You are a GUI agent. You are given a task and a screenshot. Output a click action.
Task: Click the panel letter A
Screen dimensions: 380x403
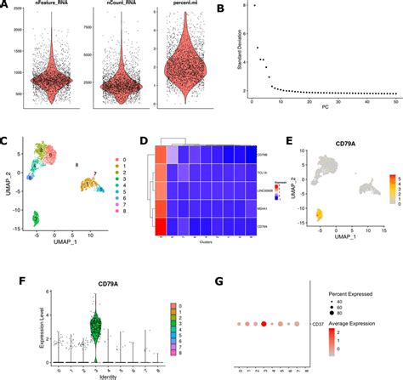point(5,8)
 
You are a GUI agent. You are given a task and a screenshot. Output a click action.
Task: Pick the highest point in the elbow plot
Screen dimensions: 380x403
point(253,6)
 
